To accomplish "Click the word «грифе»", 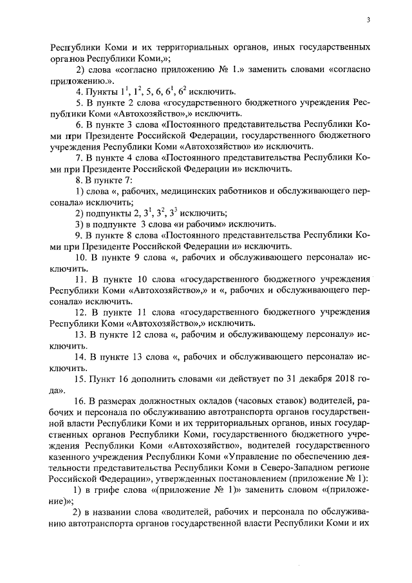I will point(112,490).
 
